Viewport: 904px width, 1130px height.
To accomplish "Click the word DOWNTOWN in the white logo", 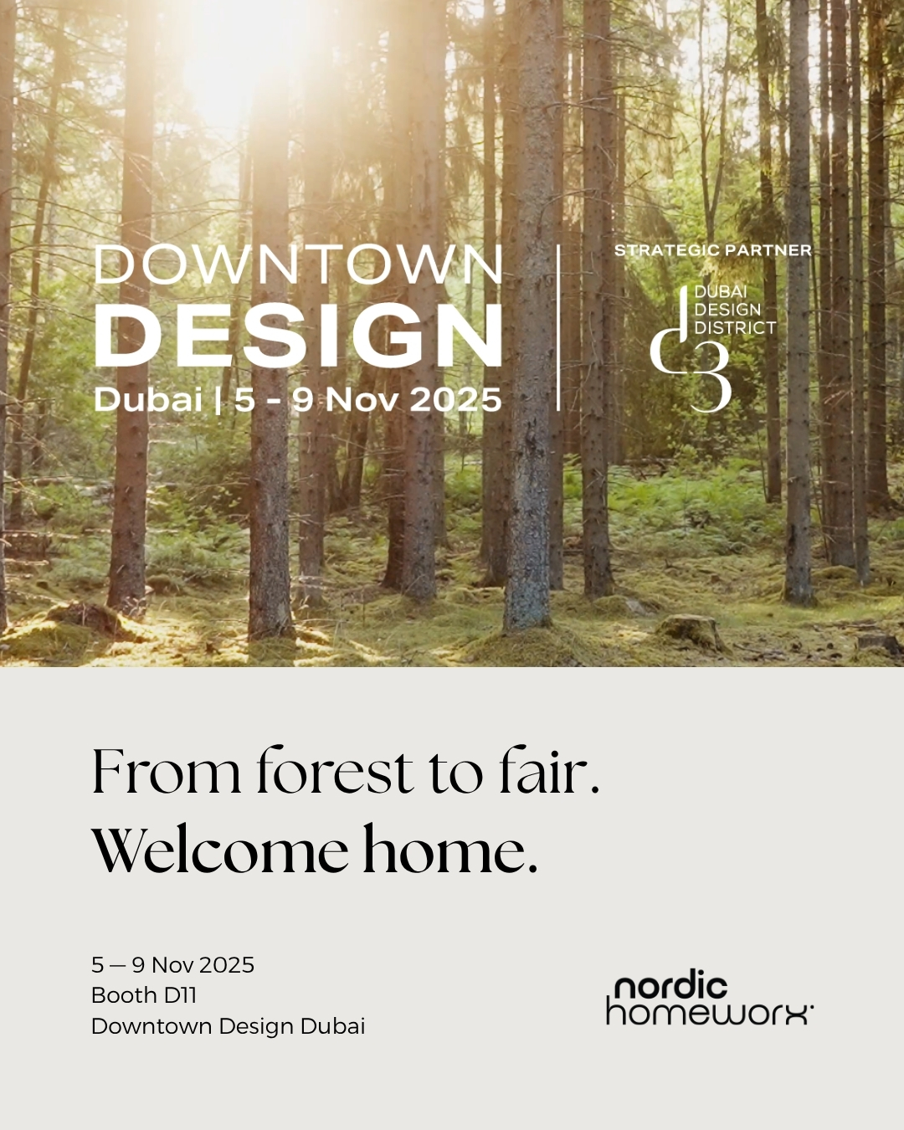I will tap(298, 266).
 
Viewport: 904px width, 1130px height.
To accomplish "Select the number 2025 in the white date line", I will tap(455, 400).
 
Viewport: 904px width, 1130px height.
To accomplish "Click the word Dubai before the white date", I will tap(148, 399).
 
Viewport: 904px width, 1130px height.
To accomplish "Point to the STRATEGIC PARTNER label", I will tap(712, 250).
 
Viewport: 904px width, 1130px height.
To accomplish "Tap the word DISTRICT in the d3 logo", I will tap(735, 328).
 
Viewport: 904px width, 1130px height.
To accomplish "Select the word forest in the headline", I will tap(335, 771).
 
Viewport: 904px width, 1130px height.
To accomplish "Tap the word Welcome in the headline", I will tap(219, 851).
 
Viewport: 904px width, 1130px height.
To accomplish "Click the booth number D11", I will tap(180, 995).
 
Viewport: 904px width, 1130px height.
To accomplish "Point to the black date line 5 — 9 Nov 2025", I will tap(172, 965).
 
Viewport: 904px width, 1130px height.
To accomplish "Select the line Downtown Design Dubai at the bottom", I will tap(228, 1026).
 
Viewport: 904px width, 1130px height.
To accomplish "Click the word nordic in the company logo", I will tap(671, 987).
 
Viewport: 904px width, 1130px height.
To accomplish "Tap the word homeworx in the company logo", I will tap(708, 1013).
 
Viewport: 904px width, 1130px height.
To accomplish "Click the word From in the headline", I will tap(166, 771).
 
